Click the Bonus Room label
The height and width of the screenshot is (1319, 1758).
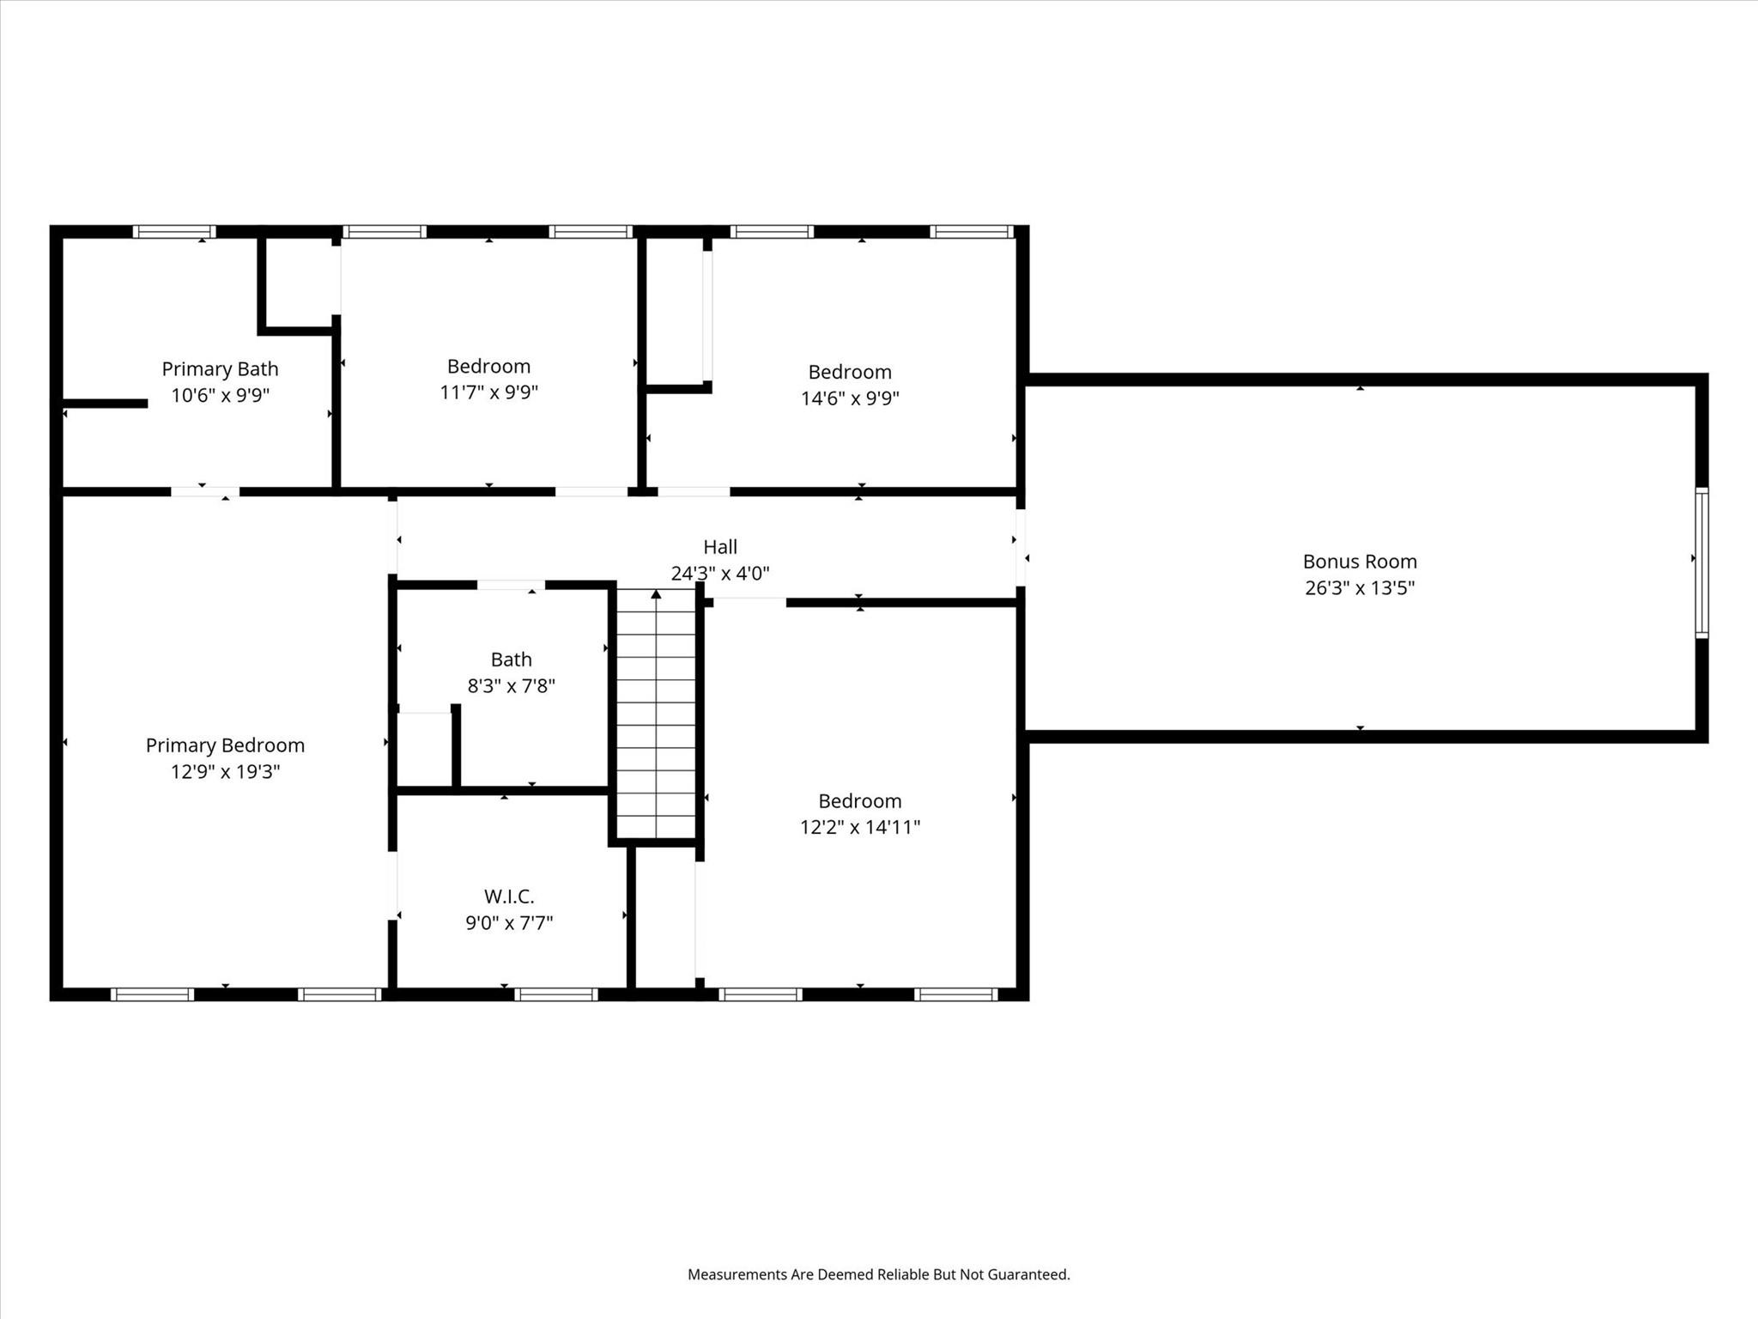(1360, 562)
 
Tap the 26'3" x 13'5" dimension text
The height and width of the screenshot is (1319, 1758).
(1360, 588)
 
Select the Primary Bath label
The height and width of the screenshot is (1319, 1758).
(220, 369)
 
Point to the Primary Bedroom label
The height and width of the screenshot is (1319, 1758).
(225, 745)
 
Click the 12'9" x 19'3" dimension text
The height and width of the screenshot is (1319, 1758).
(225, 772)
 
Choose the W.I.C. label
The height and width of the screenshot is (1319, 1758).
(509, 897)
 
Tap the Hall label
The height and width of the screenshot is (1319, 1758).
(720, 547)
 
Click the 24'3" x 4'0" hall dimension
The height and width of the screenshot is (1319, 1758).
(720, 574)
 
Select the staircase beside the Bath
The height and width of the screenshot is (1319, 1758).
(657, 714)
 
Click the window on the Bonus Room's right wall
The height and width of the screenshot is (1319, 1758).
(1701, 563)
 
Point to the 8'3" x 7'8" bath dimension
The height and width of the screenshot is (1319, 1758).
(511, 686)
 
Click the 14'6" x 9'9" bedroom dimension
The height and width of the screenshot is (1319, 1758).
(850, 398)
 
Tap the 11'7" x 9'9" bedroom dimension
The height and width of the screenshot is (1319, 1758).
(488, 392)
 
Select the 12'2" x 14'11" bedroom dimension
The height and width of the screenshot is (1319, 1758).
(860, 827)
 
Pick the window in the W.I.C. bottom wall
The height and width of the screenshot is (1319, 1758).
(556, 994)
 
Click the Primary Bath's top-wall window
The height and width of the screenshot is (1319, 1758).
(174, 231)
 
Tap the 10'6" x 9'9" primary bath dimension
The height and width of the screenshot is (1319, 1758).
(220, 396)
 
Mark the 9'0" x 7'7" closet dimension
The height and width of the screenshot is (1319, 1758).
(509, 923)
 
